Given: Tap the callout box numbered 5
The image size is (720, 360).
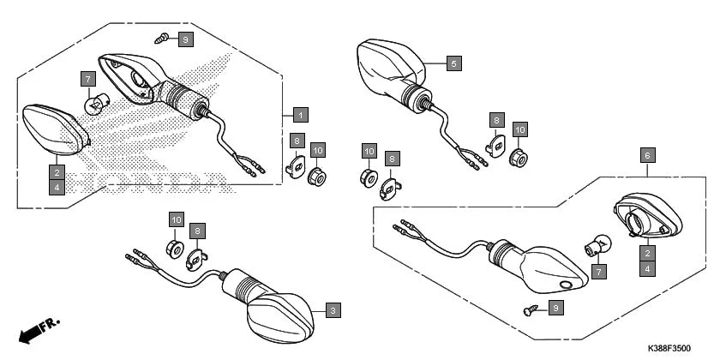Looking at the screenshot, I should (454, 63).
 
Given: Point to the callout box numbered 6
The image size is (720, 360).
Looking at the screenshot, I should (648, 155).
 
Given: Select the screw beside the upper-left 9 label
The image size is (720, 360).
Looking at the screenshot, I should (160, 37).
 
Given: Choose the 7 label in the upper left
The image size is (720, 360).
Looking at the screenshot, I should (87, 80).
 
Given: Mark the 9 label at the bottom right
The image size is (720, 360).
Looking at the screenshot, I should (555, 307).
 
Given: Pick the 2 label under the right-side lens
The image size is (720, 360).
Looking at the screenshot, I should (648, 252).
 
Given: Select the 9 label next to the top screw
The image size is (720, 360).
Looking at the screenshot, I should (186, 39).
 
